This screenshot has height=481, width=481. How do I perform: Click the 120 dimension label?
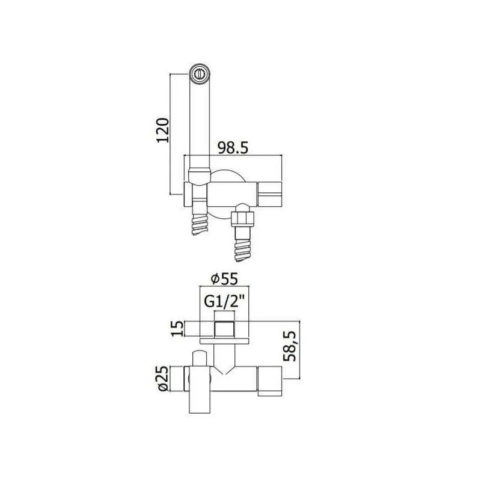coord(163,130)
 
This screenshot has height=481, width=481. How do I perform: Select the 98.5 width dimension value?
coord(233,148)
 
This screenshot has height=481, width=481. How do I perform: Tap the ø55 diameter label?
coord(224,279)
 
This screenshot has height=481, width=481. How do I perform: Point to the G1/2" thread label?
coord(224,302)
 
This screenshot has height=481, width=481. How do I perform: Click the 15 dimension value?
coord(177,328)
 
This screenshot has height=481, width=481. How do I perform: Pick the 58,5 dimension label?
coord(290,346)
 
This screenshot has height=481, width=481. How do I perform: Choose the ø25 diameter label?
coord(163,379)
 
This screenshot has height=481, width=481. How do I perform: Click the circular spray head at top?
coord(200,74)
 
